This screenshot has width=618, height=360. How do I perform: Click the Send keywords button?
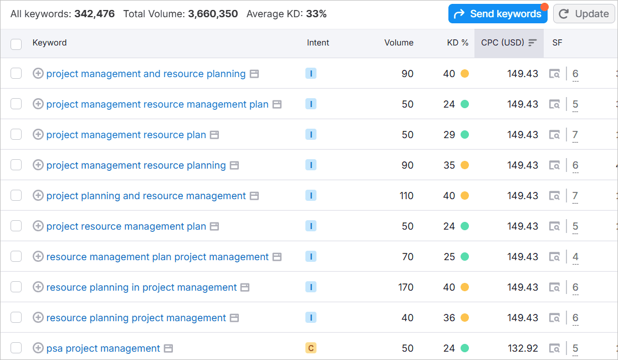(x=497, y=14)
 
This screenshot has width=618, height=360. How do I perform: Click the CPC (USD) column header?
(x=503, y=43)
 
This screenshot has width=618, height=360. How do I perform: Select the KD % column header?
(x=458, y=43)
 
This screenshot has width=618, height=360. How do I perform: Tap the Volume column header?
(x=399, y=43)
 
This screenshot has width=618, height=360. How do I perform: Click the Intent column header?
(x=318, y=43)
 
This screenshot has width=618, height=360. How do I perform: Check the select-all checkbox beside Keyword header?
(x=16, y=44)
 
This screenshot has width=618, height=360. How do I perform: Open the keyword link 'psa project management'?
(x=103, y=348)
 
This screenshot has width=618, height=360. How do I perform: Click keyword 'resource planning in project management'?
(x=141, y=287)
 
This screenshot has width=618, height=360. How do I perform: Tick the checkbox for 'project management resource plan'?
(x=16, y=135)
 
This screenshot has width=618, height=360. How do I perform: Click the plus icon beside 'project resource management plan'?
(x=38, y=226)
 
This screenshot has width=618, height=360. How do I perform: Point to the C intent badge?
(x=311, y=348)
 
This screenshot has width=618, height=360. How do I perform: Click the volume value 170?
(x=406, y=287)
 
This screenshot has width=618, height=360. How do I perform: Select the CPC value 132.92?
(x=523, y=348)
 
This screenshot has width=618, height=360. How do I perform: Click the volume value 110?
(x=406, y=196)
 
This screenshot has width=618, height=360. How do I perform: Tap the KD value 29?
(x=449, y=135)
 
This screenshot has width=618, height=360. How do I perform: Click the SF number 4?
(x=575, y=257)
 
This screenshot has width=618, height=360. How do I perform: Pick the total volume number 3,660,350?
(x=213, y=14)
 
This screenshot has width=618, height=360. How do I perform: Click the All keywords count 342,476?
(x=94, y=14)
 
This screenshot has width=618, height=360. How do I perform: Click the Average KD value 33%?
(x=316, y=14)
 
